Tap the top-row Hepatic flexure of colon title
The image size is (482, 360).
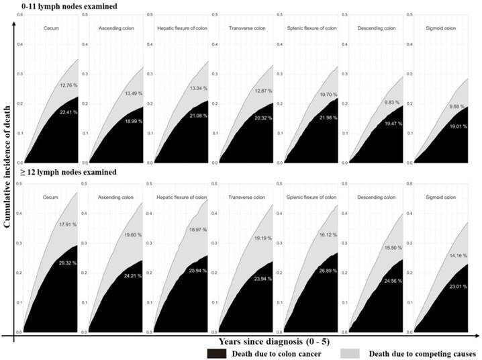tap(181, 28)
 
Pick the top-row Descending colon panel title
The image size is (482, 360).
tap(377, 28)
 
